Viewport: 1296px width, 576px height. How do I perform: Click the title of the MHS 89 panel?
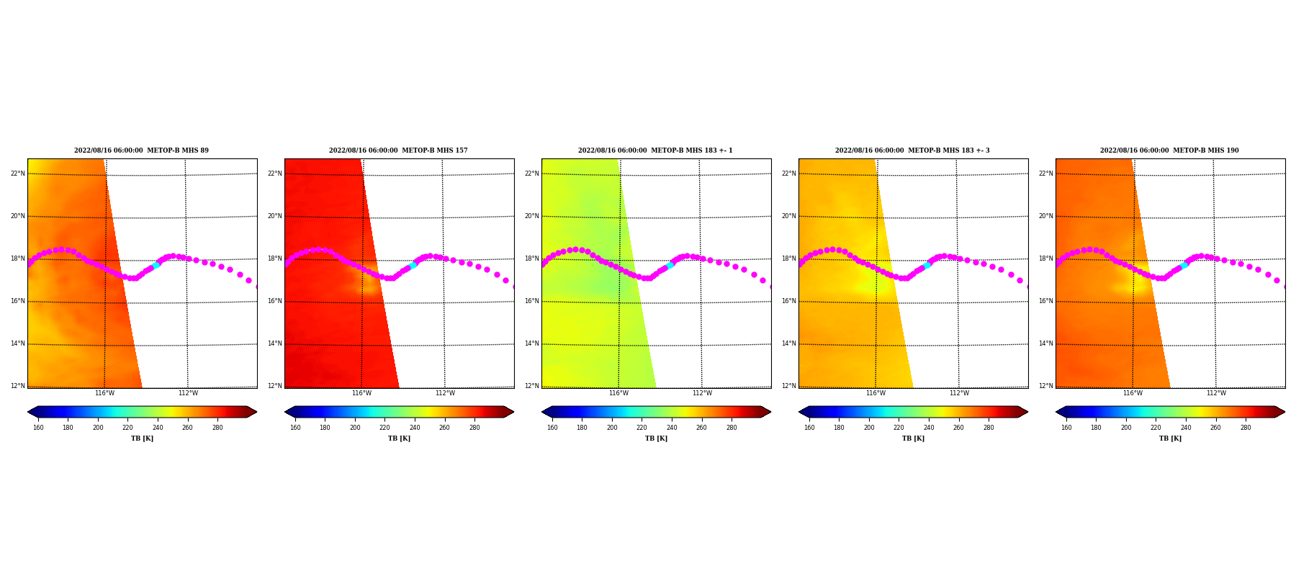(141, 150)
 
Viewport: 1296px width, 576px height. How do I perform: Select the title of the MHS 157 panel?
(398, 150)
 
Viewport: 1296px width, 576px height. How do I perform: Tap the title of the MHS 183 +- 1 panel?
(655, 150)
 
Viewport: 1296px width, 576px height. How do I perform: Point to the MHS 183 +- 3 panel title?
(912, 150)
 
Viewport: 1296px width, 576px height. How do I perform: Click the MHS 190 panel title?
(1169, 150)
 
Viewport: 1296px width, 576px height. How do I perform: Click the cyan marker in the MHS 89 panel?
(156, 266)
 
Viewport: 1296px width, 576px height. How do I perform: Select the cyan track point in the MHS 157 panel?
(413, 266)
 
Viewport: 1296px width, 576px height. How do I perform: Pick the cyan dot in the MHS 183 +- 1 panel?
(670, 266)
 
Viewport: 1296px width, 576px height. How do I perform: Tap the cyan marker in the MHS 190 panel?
(1184, 266)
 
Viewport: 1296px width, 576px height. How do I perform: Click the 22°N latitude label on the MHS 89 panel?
(17, 174)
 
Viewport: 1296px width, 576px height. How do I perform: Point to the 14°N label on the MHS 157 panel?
(274, 343)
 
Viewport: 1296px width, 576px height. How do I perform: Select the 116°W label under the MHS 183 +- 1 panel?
(618, 393)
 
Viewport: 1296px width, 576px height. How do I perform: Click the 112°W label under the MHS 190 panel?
(1216, 393)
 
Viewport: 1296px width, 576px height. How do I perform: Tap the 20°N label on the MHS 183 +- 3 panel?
(788, 216)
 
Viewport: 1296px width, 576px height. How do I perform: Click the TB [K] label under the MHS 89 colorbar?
(142, 438)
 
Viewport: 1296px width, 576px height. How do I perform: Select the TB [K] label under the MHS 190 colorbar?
(1170, 438)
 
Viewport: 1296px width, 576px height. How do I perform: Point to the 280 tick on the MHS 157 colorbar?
(474, 428)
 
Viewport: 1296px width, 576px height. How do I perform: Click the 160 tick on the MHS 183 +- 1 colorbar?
(552, 428)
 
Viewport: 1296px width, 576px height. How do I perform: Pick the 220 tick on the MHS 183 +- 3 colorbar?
(899, 428)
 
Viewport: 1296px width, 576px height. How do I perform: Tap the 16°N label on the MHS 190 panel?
(1045, 301)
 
